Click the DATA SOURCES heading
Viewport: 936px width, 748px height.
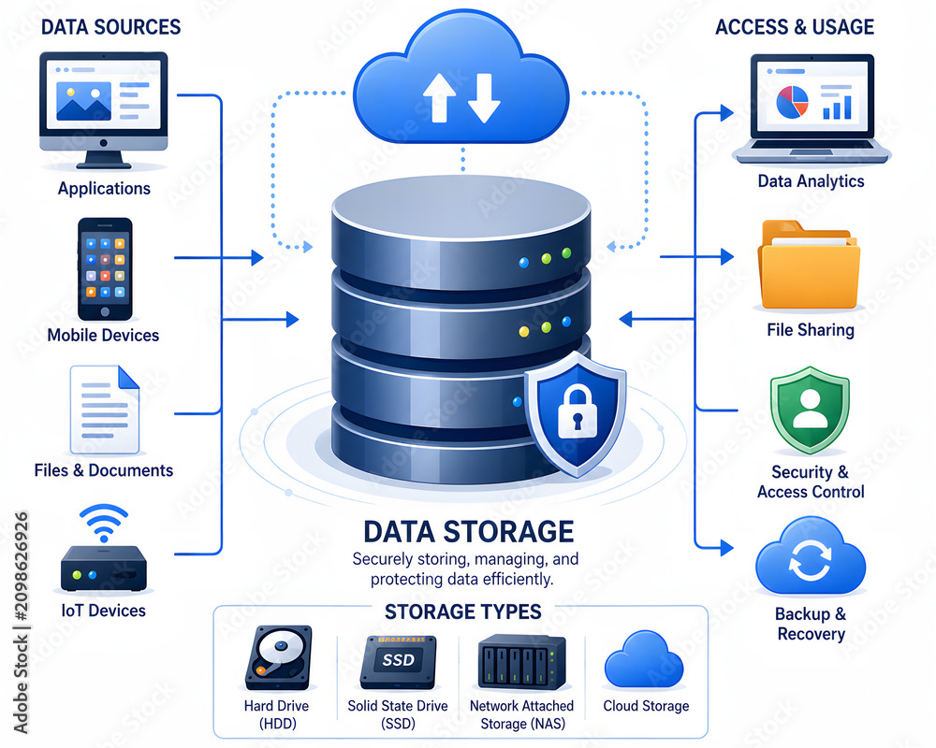[110, 27]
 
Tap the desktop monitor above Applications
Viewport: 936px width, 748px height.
[103, 110]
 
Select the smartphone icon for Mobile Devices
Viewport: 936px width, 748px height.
[105, 269]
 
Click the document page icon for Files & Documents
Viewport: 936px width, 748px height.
[105, 410]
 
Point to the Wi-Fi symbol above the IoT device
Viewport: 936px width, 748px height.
[104, 523]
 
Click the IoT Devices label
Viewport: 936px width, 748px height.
[103, 611]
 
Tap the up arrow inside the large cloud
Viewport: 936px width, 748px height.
[439, 98]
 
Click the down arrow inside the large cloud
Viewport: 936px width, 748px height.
[484, 98]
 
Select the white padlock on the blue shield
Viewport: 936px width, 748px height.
[577, 411]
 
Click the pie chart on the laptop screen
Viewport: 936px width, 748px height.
[792, 101]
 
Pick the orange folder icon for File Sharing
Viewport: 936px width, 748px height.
[809, 265]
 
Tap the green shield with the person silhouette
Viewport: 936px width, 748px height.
[810, 410]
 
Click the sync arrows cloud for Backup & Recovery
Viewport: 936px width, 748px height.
[810, 556]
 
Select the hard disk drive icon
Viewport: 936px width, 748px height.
[279, 657]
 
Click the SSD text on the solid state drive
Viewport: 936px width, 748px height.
[398, 660]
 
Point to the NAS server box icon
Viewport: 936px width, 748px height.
[521, 662]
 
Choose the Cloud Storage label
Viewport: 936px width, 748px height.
[646, 706]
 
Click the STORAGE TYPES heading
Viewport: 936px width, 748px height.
[462, 611]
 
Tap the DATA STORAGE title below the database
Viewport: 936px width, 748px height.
[469, 531]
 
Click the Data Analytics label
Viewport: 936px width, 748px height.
[811, 180]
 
